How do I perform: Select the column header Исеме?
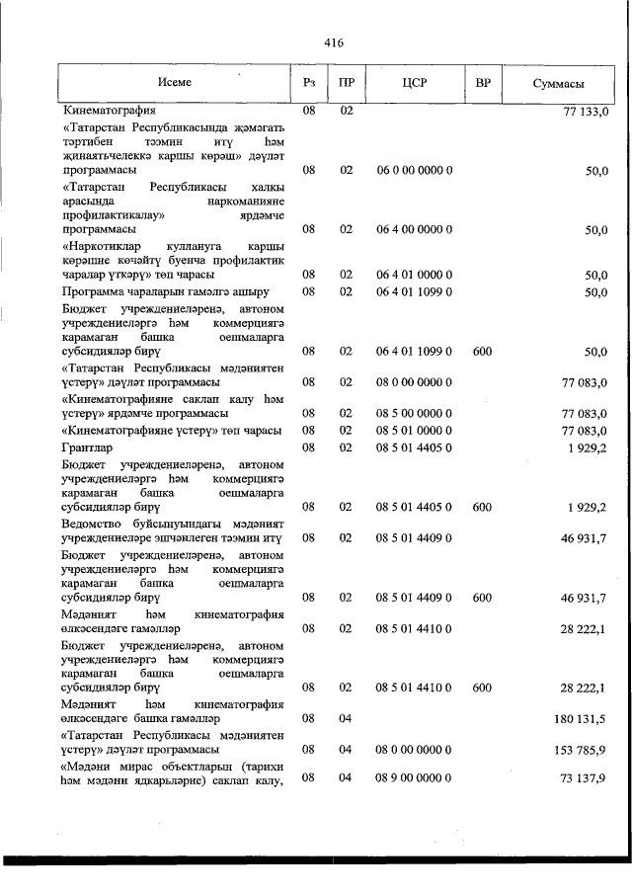[174, 83]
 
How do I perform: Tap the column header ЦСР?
[415, 83]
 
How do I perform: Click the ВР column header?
[483, 83]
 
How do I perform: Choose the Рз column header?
[309, 83]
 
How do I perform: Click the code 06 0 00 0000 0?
[415, 170]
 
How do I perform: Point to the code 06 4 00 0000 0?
[415, 229]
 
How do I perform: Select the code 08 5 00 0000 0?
[415, 412]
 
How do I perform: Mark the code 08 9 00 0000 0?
[415, 779]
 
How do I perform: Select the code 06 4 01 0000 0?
[415, 274]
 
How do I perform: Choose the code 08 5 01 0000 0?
[415, 431]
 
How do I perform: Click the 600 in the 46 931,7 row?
[482, 598]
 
